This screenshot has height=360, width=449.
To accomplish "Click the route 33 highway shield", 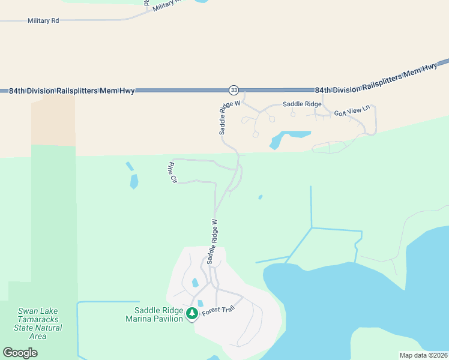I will pos(234,90).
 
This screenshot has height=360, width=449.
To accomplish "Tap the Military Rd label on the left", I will pos(43,20).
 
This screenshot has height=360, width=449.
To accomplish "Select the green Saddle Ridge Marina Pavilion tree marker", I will pos(192,314).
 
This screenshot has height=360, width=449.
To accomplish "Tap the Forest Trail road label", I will pos(217,308).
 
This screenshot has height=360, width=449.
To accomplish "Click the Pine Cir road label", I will pos(173,172).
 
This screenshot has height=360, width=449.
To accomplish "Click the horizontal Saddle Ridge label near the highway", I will pos(302,104).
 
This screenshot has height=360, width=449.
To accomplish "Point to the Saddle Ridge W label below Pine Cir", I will pos(212,241).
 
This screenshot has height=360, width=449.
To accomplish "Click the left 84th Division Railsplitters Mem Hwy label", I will pos(72,91).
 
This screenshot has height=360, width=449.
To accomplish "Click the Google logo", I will pos(20,353).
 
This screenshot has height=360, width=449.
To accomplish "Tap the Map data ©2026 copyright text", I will pos(423,355).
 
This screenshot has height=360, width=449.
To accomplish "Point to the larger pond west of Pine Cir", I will pos(134,181).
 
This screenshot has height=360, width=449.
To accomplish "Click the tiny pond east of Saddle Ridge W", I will pos(260,197).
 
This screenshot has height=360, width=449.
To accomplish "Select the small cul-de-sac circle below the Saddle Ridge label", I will pos(293,114).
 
